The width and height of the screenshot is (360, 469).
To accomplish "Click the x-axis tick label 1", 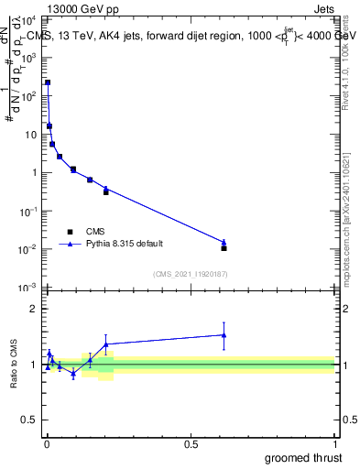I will (334, 444).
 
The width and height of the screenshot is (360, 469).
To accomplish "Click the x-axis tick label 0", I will (48, 444).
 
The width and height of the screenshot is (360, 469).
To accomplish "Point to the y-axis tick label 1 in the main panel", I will (34, 172).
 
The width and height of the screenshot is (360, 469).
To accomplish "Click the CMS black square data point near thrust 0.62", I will (224, 248).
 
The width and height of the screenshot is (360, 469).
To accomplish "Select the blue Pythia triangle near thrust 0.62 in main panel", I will (224, 242).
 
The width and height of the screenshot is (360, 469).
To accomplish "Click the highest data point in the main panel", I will (48, 82).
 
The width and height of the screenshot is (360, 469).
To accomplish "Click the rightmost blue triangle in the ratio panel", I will (224, 334).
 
